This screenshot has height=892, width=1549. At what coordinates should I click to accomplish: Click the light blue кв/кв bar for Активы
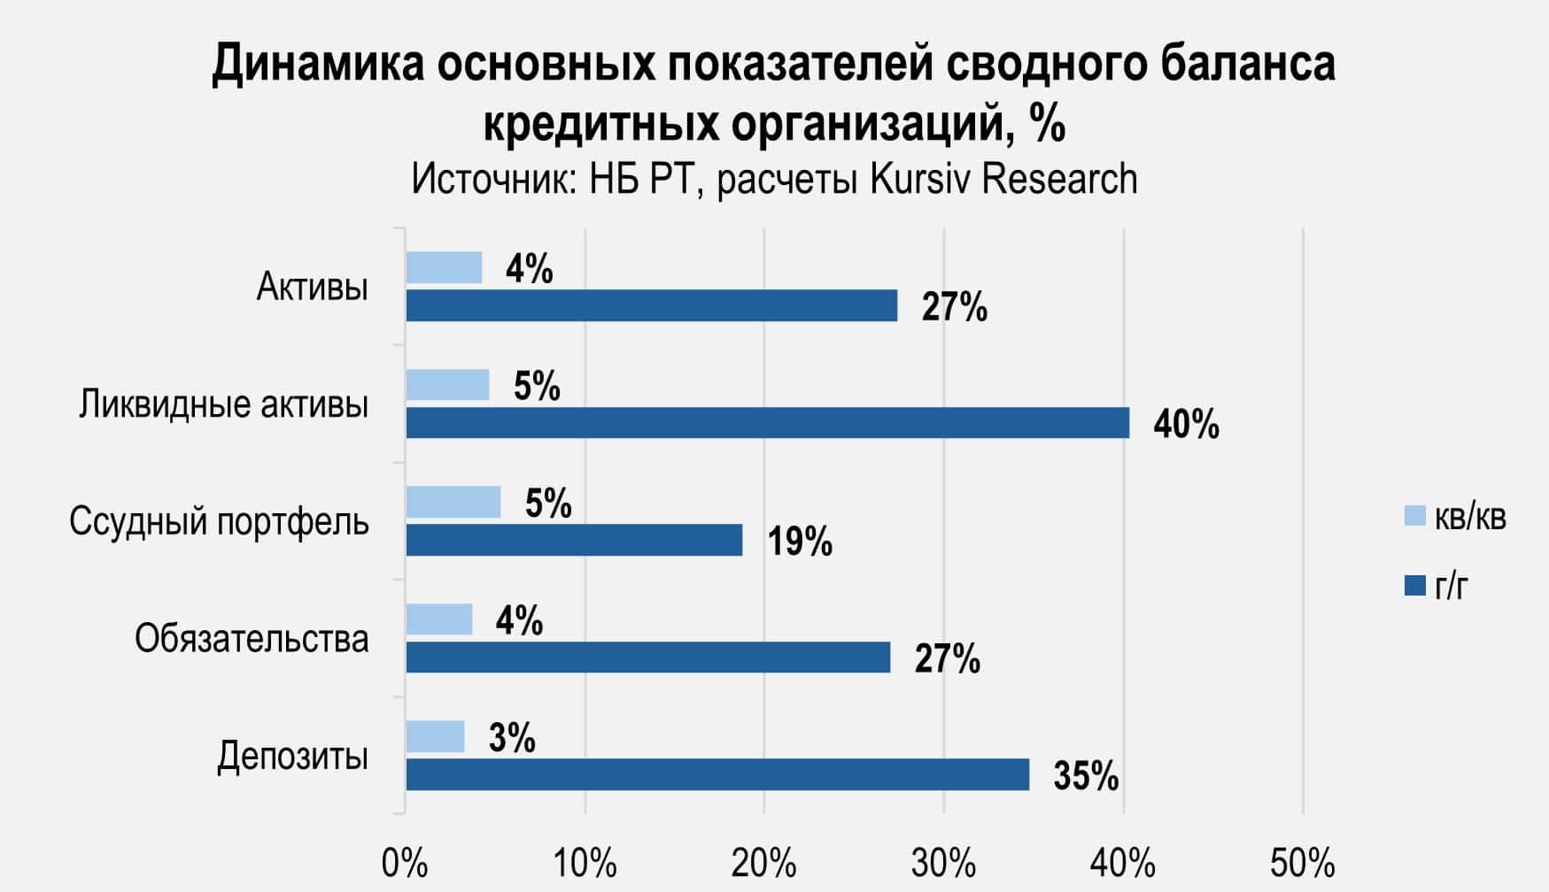pyautogui.click(x=444, y=267)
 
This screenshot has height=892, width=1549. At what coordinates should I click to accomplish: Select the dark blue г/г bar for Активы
pyautogui.click(x=651, y=305)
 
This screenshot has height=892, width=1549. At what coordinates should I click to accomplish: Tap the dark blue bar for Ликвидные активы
pyautogui.click(x=767, y=423)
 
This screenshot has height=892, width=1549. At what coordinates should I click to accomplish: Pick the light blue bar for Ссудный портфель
pyautogui.click(x=453, y=502)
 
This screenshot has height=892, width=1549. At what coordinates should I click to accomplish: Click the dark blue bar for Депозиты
pyautogui.click(x=717, y=774)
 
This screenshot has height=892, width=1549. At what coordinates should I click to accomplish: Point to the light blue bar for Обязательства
pyautogui.click(x=438, y=619)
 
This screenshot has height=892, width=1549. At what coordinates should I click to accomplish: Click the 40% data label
pyautogui.click(x=1186, y=425)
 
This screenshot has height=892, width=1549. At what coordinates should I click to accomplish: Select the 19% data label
pyautogui.click(x=800, y=542)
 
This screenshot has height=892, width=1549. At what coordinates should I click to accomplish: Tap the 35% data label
pyautogui.click(x=1086, y=776)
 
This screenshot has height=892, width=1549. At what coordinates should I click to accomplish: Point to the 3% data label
pyautogui.click(x=512, y=738)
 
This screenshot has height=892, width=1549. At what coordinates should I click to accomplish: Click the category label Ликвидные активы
pyautogui.click(x=223, y=405)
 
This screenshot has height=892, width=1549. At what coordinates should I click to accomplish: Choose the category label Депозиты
pyautogui.click(x=292, y=757)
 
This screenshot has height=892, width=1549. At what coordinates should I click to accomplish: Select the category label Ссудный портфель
pyautogui.click(x=219, y=522)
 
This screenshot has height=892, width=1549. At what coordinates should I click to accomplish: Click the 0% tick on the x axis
pyautogui.click(x=405, y=863)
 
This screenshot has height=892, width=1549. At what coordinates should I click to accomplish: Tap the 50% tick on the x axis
pyautogui.click(x=1302, y=863)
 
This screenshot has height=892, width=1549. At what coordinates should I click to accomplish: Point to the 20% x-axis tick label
pyautogui.click(x=763, y=863)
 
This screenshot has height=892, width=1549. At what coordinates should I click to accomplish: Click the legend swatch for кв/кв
pyautogui.click(x=1415, y=516)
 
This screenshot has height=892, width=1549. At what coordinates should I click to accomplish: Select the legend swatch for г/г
pyautogui.click(x=1415, y=586)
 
